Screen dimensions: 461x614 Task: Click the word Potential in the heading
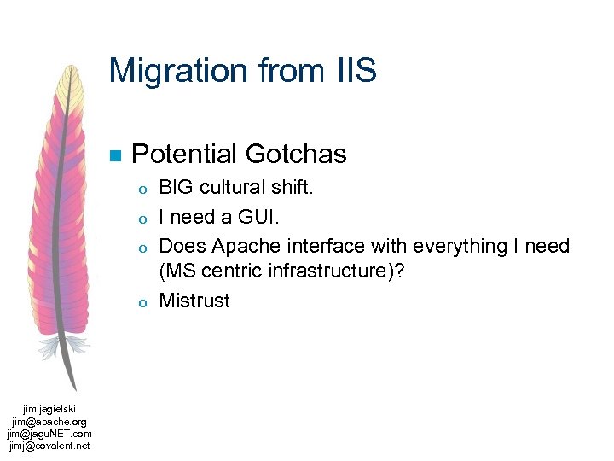(185, 155)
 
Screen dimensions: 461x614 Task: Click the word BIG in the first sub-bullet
(177, 187)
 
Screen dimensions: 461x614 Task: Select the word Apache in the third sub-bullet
(240, 247)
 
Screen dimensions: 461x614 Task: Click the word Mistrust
(194, 301)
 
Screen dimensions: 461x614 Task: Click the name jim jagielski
(49, 410)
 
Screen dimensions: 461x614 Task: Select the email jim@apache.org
(49, 422)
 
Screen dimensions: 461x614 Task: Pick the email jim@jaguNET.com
(49, 434)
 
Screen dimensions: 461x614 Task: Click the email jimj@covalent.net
(49, 446)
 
